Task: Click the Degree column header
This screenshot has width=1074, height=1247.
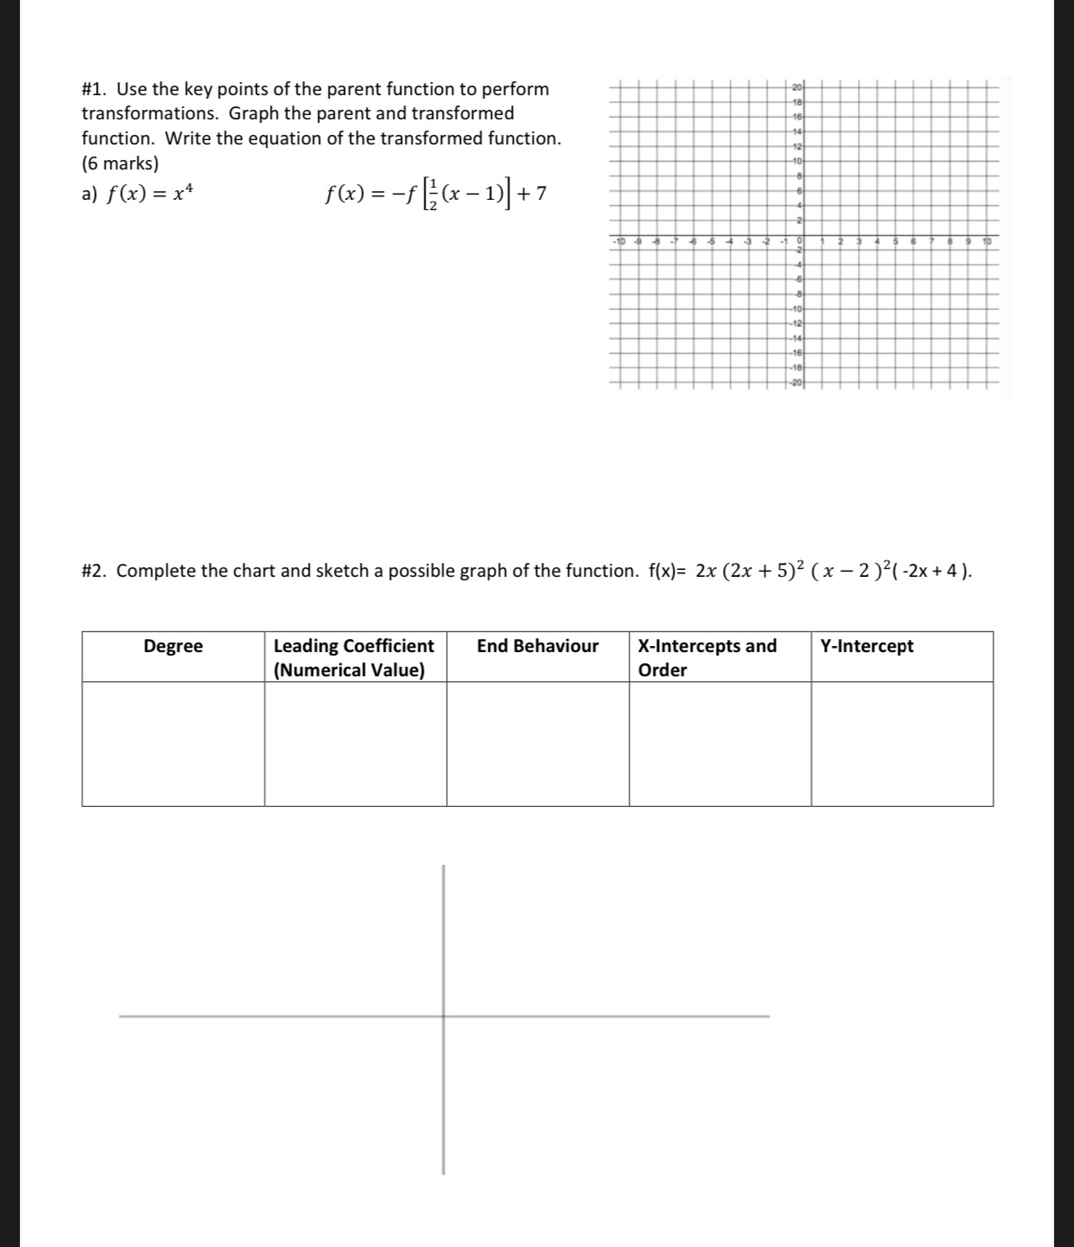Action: pyautogui.click(x=173, y=646)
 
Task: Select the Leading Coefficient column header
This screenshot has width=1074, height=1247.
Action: pyautogui.click(x=353, y=657)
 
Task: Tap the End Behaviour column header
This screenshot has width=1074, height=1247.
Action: pyautogui.click(x=537, y=646)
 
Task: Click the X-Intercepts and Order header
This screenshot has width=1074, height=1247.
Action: pyautogui.click(x=706, y=657)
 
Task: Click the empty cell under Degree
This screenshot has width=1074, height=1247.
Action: pyautogui.click(x=173, y=744)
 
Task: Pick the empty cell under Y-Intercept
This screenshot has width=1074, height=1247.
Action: pyautogui.click(x=902, y=744)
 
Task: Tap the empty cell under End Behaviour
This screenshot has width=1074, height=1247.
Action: pyautogui.click(x=537, y=744)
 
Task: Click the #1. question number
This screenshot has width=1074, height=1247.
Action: pyautogui.click(x=96, y=89)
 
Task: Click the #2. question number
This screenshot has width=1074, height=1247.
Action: pyautogui.click(x=96, y=571)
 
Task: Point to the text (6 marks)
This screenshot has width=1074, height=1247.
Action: pyautogui.click(x=120, y=163)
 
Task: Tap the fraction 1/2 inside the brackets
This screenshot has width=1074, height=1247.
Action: pyautogui.click(x=433, y=195)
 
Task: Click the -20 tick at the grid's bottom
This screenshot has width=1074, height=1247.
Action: pyautogui.click(x=796, y=382)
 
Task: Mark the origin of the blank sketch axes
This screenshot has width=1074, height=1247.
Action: pyautogui.click(x=444, y=1016)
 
